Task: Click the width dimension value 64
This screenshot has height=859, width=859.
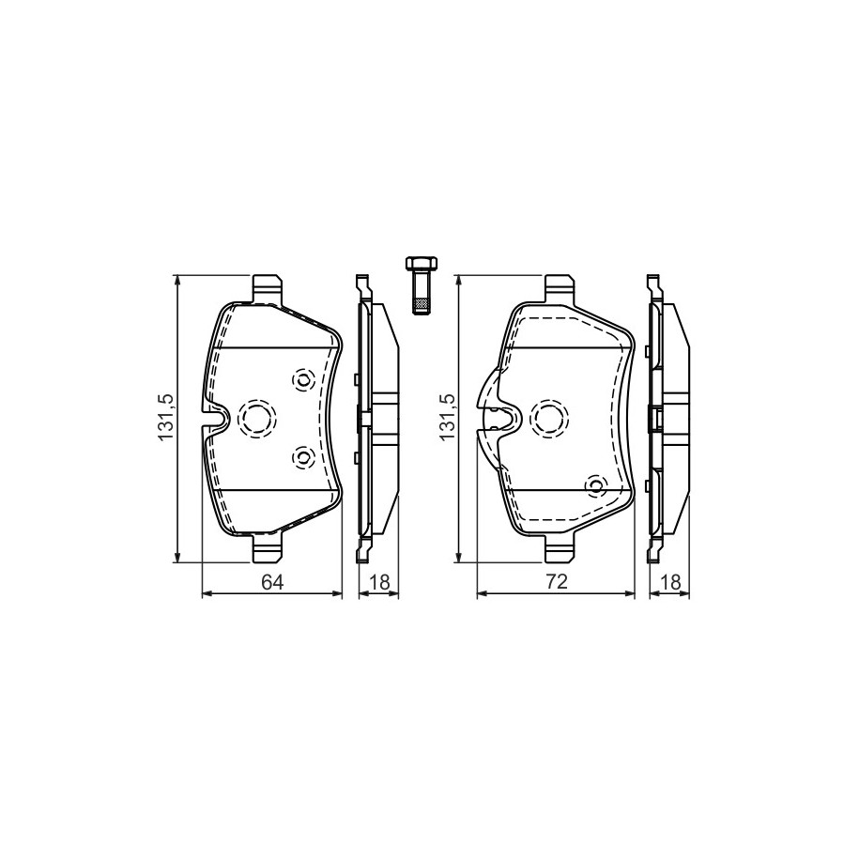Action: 272,582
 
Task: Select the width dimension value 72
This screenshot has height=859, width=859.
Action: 556,582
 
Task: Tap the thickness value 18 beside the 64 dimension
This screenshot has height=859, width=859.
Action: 379,582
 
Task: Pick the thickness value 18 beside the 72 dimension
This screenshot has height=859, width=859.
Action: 670,582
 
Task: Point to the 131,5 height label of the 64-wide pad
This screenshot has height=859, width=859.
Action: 165,417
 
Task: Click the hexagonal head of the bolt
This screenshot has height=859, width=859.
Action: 420,263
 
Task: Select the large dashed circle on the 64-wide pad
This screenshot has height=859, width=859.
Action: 256,419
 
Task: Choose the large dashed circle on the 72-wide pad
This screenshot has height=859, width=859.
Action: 551,419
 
